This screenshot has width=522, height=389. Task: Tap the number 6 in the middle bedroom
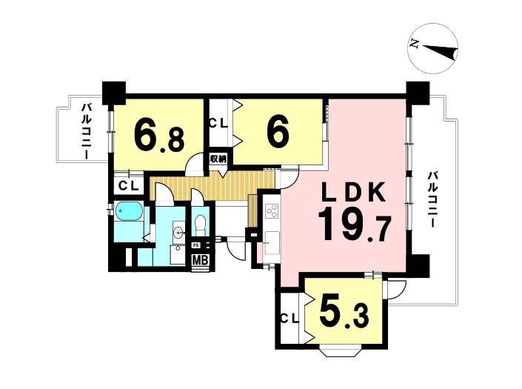click(x=278, y=132)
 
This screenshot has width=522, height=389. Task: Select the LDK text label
click(x=353, y=192)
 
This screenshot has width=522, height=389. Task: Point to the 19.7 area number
click(x=354, y=225)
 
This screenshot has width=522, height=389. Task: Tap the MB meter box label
click(x=201, y=259)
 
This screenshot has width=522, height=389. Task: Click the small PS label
click(x=195, y=245)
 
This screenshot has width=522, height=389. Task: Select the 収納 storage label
click(x=218, y=159)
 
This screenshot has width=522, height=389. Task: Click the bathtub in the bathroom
click(x=129, y=211)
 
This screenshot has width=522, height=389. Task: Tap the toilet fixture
click(x=201, y=225)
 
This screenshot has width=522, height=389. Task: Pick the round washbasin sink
click(x=179, y=230)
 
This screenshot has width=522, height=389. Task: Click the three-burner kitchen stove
click(x=272, y=211)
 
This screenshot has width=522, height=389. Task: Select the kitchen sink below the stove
click(x=272, y=243)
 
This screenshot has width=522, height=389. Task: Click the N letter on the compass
click(x=414, y=44)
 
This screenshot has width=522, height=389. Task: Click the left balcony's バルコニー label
click(x=87, y=132)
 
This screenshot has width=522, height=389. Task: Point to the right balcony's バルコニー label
click(x=432, y=199)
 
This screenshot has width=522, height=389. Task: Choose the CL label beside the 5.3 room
click(x=290, y=319)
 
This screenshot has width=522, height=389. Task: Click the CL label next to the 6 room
click(x=218, y=124)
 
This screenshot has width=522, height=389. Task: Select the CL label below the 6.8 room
click(x=129, y=186)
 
